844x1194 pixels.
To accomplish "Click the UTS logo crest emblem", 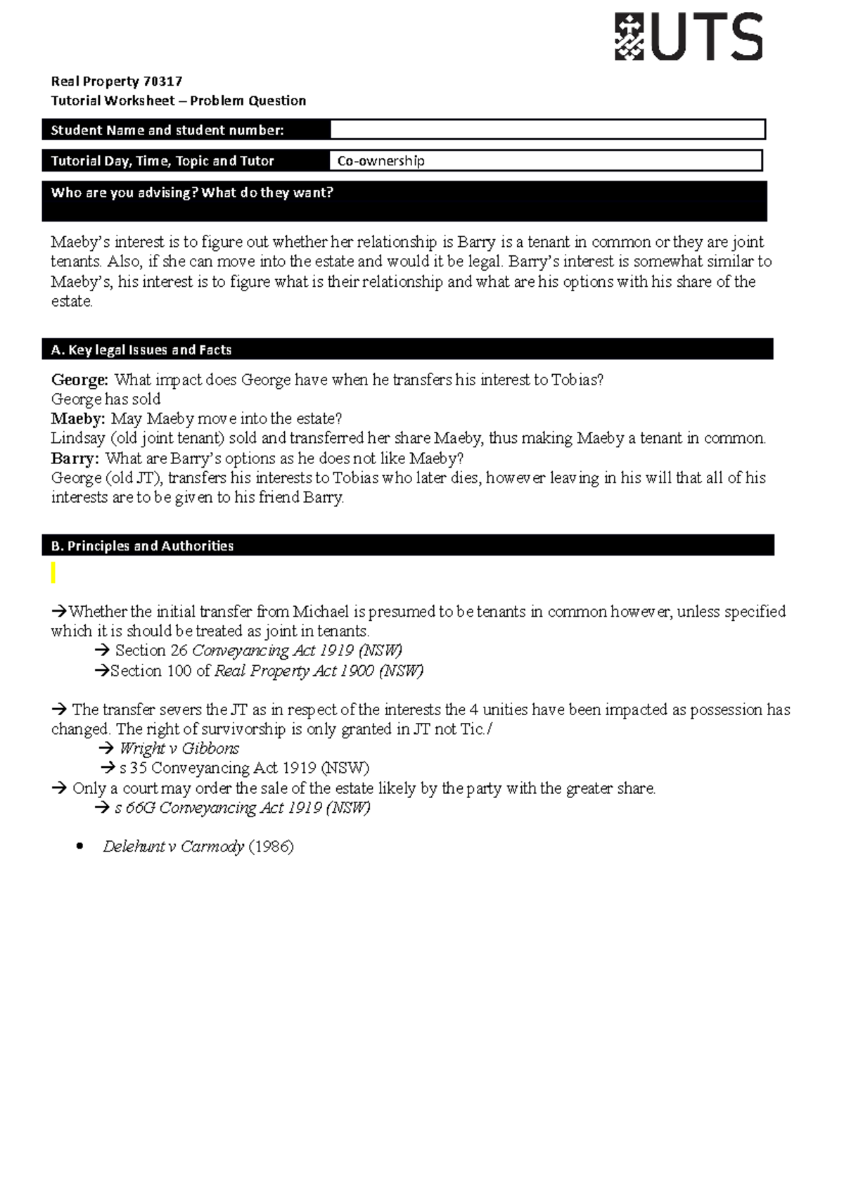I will [x=629, y=37].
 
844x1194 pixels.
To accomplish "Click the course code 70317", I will [x=162, y=81].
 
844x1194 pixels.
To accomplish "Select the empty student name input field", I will [x=547, y=129].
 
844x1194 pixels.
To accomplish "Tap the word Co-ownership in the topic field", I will [x=381, y=161].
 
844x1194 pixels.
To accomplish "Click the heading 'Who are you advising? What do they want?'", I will [x=192, y=193].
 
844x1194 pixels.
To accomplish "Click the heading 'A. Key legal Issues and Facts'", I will [x=141, y=349].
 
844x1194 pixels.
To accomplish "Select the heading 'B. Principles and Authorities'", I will [x=142, y=546].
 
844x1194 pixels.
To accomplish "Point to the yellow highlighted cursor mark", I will [x=53, y=573].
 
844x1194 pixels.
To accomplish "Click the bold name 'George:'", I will [x=79, y=380].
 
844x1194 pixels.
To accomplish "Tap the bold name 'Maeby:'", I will [x=78, y=419].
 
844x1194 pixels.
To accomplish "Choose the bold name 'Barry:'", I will [x=75, y=458].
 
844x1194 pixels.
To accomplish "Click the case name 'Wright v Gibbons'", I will [x=179, y=748].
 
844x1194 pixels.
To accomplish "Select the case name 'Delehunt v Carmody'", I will [x=173, y=847].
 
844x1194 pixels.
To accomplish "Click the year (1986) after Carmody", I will [x=271, y=847].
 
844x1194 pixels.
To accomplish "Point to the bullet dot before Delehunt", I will [x=79, y=847].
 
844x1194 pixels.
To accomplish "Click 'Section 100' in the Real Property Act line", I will [x=151, y=671].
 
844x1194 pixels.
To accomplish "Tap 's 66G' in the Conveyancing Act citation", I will [x=134, y=808].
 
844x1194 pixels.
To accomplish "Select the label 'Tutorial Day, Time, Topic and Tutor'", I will [x=162, y=161].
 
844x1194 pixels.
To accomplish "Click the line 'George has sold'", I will [x=105, y=399].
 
